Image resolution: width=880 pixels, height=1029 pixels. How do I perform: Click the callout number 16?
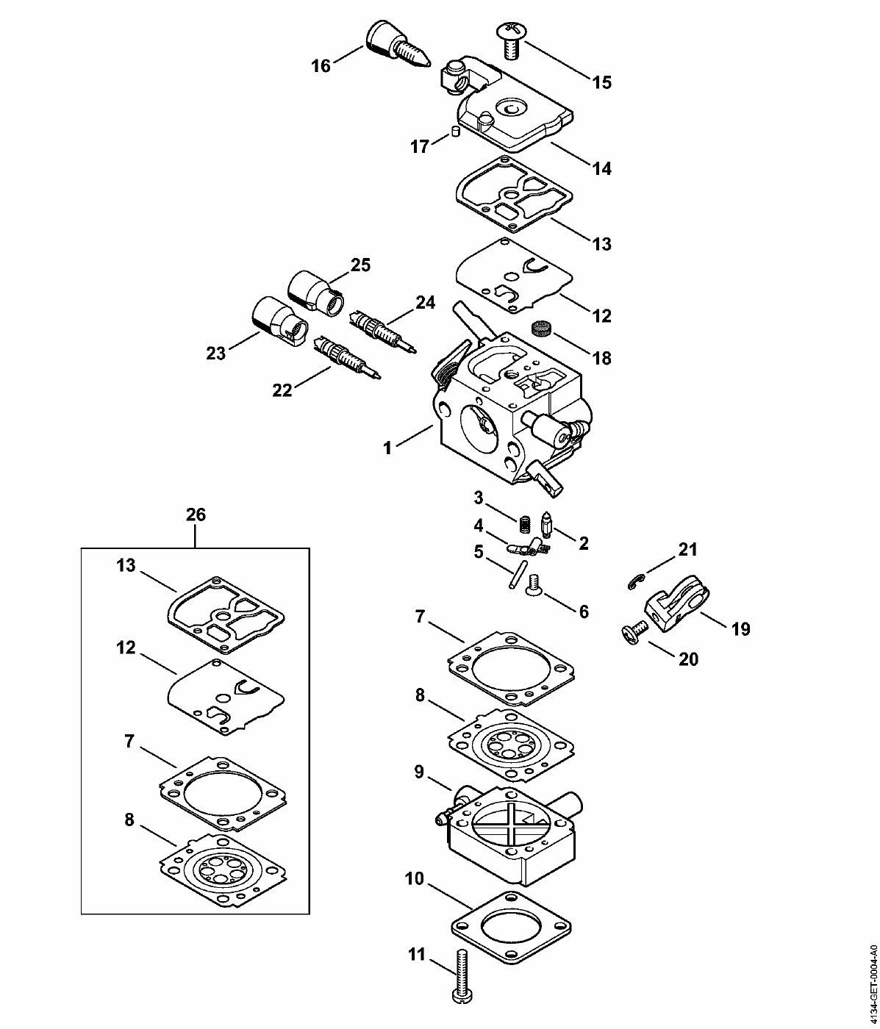click(x=321, y=65)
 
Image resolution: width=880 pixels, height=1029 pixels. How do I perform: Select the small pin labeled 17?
click(x=454, y=132)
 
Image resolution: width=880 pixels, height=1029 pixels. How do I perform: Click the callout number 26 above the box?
click(x=196, y=514)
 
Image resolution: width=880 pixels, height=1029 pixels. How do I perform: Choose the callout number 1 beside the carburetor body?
click(x=387, y=448)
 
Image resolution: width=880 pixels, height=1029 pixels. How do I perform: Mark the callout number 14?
click(x=601, y=168)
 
